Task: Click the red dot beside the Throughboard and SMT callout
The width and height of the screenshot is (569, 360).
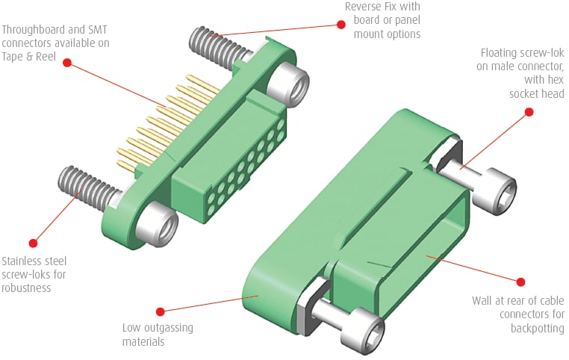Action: [66, 63]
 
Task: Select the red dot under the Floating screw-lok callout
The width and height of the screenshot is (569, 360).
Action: [529, 112]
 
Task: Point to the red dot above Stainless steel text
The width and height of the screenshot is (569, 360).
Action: [33, 242]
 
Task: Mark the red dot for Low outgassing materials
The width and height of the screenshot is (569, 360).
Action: [160, 310]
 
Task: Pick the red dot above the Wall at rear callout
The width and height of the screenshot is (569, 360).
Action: [521, 281]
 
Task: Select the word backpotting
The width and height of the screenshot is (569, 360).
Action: [537, 329]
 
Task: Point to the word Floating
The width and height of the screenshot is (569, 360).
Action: [502, 54]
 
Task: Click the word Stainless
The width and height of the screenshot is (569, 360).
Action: [24, 261]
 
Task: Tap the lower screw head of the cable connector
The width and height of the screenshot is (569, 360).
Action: [366, 329]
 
